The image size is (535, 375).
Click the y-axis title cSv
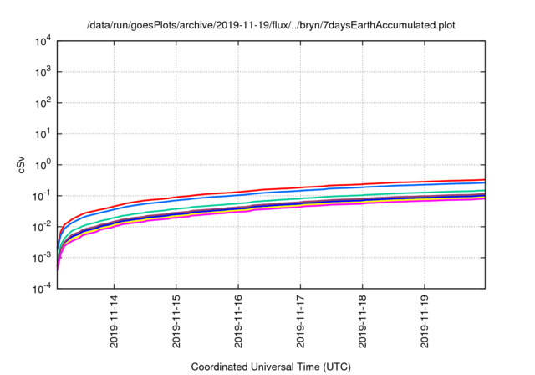(x=23, y=165)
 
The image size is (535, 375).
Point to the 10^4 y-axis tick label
(x=43, y=41)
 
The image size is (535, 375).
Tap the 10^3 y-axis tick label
(x=43, y=72)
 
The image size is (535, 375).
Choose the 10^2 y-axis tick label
(x=43, y=103)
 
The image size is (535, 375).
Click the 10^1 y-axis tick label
(x=43, y=134)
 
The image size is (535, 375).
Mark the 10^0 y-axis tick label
(x=43, y=165)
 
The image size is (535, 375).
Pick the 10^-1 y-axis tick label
(x=42, y=196)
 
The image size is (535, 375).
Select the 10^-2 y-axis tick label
(x=42, y=227)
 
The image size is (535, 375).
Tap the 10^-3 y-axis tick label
(x=42, y=258)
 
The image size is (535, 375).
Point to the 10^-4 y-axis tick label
(x=42, y=289)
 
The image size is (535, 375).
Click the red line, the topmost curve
(x=334, y=186)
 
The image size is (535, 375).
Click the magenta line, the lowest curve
(x=334, y=205)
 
